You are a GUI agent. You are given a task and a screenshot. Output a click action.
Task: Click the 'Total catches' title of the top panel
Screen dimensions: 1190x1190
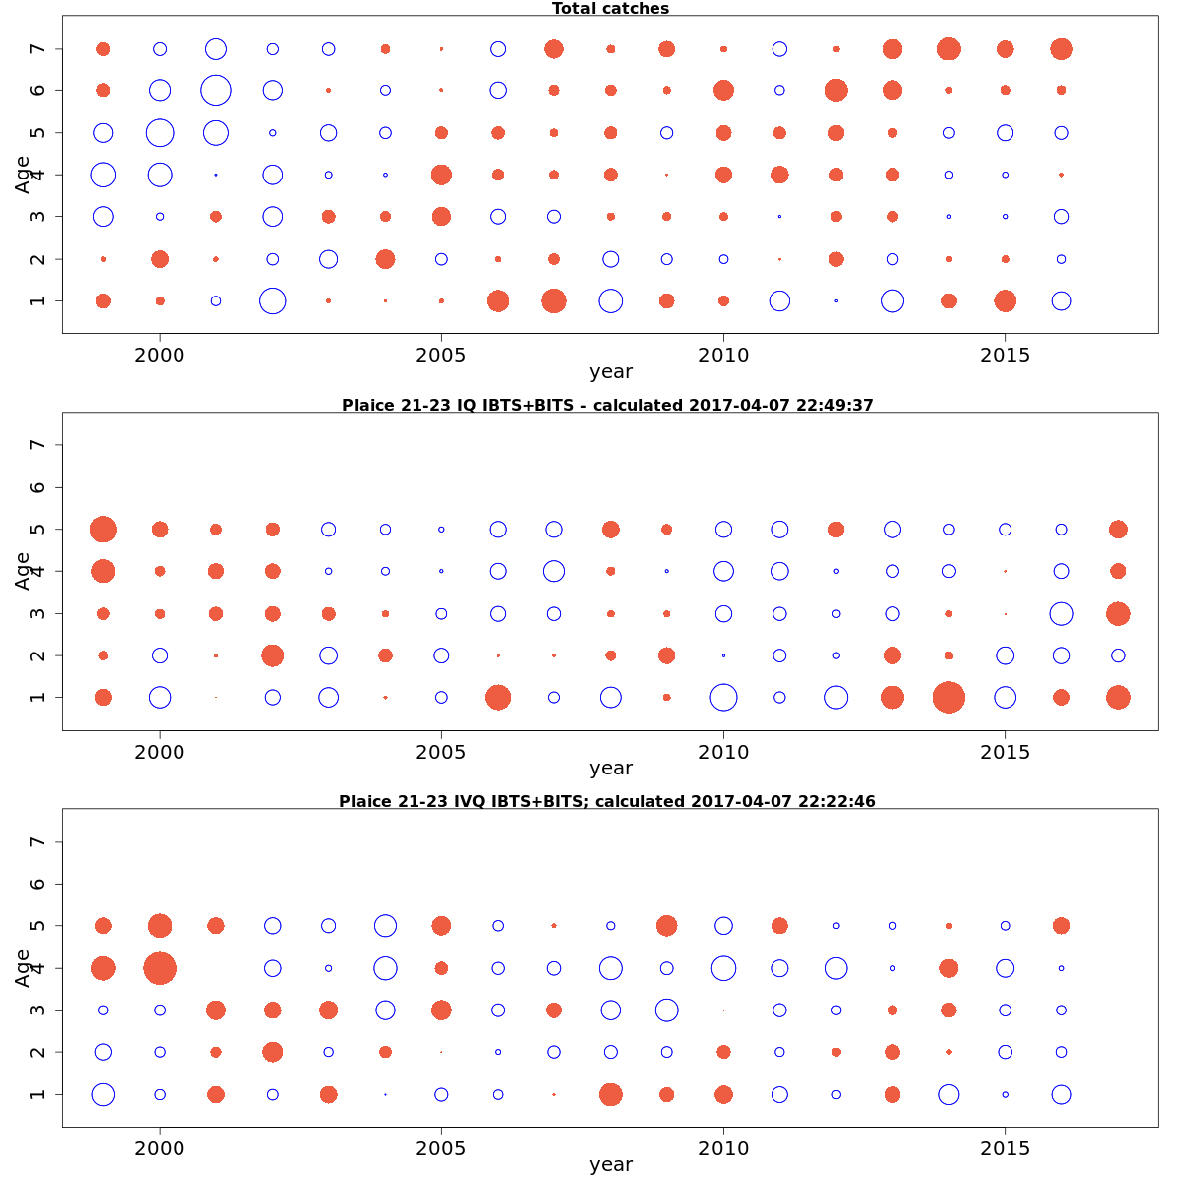pyautogui.click(x=611, y=9)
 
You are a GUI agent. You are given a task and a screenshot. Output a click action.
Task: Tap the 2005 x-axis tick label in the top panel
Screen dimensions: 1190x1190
pyautogui.click(x=441, y=355)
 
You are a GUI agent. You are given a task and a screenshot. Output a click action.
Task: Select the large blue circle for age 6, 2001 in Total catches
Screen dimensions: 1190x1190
pyautogui.click(x=216, y=90)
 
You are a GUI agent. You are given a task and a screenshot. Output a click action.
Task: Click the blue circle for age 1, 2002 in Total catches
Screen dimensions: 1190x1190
pyautogui.click(x=272, y=300)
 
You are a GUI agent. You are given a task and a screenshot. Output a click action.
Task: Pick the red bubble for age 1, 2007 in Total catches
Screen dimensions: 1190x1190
pyautogui.click(x=554, y=300)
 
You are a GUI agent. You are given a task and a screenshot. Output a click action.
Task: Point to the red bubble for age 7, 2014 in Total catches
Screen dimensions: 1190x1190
pyautogui.click(x=949, y=49)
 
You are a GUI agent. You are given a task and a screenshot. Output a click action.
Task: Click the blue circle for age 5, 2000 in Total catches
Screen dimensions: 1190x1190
pyautogui.click(x=160, y=132)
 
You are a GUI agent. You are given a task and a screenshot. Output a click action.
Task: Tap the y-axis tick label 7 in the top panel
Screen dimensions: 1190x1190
pyautogui.click(x=39, y=49)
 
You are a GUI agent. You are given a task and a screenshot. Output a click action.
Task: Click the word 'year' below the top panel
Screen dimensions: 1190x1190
pyautogui.click(x=611, y=372)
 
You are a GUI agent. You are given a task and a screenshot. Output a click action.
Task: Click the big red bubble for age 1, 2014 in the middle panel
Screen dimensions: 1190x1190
pyautogui.click(x=949, y=697)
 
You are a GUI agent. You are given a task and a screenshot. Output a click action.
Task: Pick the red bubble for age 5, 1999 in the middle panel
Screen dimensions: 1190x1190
pyautogui.click(x=103, y=530)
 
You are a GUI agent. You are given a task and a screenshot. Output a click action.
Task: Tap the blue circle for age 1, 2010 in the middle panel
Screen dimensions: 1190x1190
pyautogui.click(x=723, y=697)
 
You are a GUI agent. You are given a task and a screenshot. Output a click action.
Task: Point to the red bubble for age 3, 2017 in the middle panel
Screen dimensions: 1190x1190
pyautogui.click(x=1118, y=613)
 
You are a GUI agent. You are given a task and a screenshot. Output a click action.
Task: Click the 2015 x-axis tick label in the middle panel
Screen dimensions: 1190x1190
pyautogui.click(x=1006, y=752)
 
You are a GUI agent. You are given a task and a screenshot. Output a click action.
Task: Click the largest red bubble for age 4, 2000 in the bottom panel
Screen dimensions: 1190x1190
pyautogui.click(x=160, y=967)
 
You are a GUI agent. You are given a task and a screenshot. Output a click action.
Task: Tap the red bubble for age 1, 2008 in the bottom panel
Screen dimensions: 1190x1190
pyautogui.click(x=611, y=1094)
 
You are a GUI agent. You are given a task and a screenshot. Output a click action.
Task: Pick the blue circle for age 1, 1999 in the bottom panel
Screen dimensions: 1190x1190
pyautogui.click(x=103, y=1094)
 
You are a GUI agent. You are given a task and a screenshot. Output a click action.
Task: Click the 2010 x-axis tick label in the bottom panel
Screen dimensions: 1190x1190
pyautogui.click(x=723, y=1148)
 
